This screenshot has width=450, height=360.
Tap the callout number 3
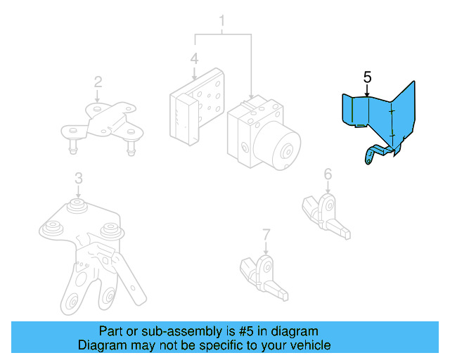pyautogui.click(x=79, y=179)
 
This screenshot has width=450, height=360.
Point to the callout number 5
pyautogui.click(x=367, y=76)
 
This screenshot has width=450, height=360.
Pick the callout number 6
pyautogui.click(x=328, y=174)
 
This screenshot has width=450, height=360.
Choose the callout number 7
pyautogui.click(x=266, y=233)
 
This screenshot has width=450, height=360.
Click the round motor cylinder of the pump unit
pyautogui.click(x=281, y=147)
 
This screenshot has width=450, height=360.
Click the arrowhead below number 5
pyautogui.click(x=367, y=92)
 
